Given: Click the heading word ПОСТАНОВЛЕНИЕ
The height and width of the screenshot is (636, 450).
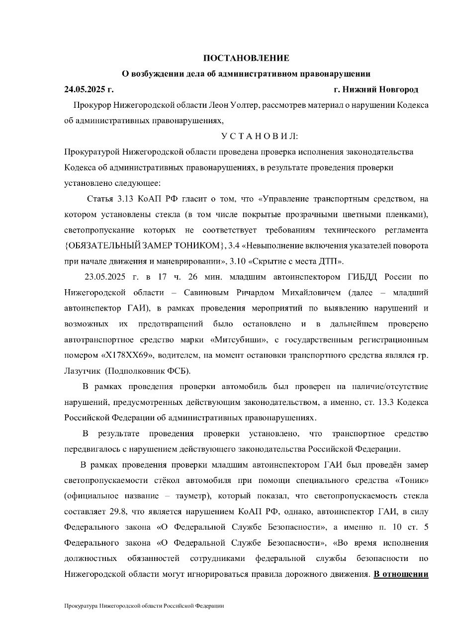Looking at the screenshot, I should (246, 58).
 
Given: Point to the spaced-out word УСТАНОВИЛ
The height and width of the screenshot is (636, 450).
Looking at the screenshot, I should (260, 136).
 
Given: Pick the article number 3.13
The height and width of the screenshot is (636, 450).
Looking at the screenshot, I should (124, 199).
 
